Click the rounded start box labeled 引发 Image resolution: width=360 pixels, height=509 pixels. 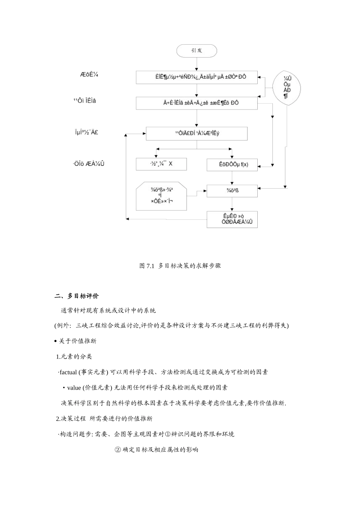point(197,51)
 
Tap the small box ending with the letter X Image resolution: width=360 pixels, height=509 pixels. point(161,164)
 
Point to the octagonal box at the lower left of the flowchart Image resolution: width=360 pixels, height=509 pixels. point(161,196)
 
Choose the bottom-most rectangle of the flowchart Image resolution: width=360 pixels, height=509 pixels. point(232,219)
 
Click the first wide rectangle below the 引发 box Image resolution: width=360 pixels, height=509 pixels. point(197,77)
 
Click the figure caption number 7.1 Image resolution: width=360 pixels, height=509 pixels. point(151,266)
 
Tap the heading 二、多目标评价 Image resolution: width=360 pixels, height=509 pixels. point(77,296)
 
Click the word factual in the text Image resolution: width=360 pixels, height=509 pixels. point(68,372)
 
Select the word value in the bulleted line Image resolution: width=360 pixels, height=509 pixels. point(74,388)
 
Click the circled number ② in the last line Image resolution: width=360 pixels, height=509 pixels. point(117,450)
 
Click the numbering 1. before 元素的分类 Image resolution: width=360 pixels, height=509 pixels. point(58,357)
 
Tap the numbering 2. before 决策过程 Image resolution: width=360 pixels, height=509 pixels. point(58,419)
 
